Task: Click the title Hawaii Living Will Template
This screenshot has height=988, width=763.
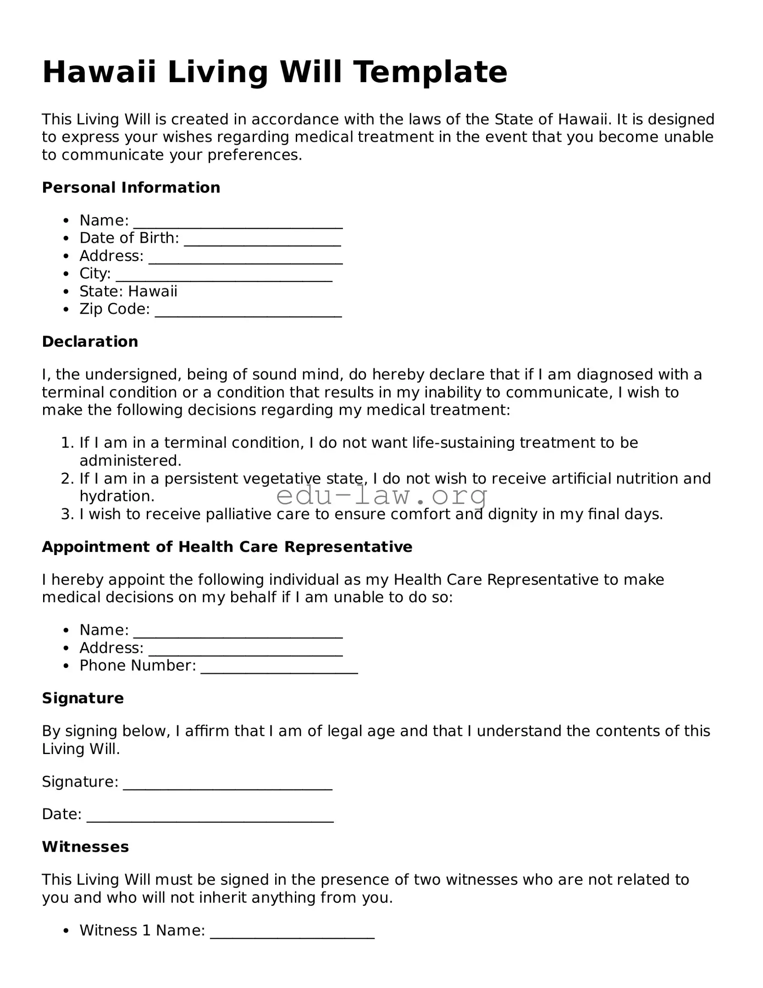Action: (275, 72)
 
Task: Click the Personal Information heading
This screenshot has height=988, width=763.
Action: (131, 188)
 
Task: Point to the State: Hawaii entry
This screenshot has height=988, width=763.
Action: (128, 291)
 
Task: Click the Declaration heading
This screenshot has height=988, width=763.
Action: (90, 342)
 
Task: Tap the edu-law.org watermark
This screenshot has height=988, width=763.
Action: (382, 495)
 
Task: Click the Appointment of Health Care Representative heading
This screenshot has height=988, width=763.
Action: (227, 547)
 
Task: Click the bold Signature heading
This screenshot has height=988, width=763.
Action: (83, 698)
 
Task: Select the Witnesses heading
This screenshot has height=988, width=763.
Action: (85, 847)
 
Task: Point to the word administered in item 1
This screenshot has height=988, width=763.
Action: (130, 461)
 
